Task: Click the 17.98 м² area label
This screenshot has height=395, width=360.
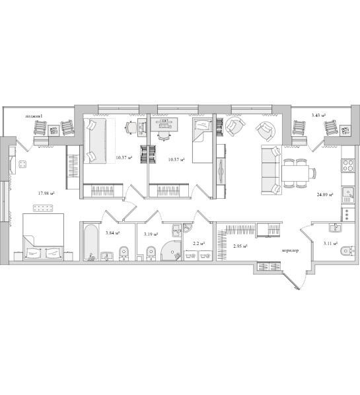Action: [x=46, y=194]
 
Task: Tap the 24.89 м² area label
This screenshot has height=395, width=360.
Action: [x=325, y=194]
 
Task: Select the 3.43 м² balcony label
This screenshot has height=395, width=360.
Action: [x=318, y=116]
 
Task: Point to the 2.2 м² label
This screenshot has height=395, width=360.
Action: [x=199, y=243]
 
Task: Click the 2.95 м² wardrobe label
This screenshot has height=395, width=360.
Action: [x=240, y=246]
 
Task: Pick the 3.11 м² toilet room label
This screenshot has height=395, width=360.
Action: [x=330, y=243]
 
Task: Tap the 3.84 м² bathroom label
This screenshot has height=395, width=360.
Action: [x=112, y=233]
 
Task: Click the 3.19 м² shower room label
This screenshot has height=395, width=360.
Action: [x=151, y=234]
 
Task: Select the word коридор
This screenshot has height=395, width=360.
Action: [x=290, y=250]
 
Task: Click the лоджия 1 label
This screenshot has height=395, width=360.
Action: [x=34, y=116]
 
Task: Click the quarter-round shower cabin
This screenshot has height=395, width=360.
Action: [x=171, y=250]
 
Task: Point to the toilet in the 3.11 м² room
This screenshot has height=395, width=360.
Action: [x=347, y=251]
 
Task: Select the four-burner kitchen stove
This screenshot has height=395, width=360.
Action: [x=348, y=166]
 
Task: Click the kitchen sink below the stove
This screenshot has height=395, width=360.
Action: [x=348, y=194]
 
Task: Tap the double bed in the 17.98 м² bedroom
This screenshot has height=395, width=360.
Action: [x=43, y=236]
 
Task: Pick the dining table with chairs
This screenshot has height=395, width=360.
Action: [x=298, y=173]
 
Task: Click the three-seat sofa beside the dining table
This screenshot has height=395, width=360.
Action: [x=271, y=170]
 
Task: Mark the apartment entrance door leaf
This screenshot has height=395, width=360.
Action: [x=291, y=280]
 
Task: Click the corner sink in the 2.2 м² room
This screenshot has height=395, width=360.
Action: [x=187, y=228]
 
